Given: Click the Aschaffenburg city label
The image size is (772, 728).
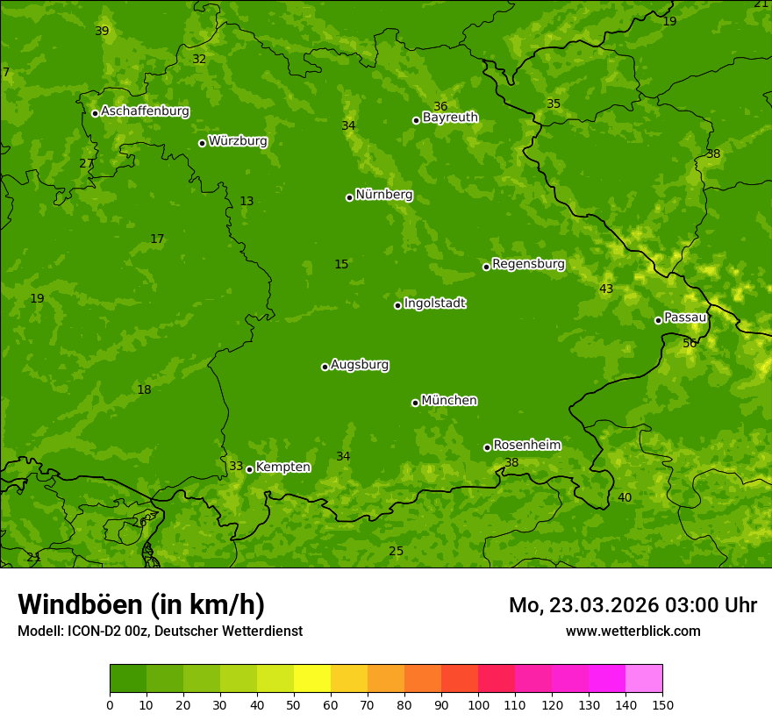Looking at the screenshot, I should (x=145, y=111).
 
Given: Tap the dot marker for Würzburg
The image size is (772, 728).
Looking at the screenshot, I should (x=202, y=143).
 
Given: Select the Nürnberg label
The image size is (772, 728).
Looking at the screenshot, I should (x=383, y=195).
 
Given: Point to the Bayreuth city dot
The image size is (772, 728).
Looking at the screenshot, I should (x=416, y=120).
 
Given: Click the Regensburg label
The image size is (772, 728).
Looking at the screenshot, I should (x=528, y=264).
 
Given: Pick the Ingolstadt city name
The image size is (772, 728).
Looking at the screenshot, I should (x=434, y=303).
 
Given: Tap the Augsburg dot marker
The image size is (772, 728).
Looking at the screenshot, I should (x=325, y=367).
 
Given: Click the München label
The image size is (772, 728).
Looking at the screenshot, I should (x=449, y=401).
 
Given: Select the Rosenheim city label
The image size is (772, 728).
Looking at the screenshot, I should (x=526, y=446).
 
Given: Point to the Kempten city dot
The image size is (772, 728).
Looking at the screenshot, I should (x=249, y=469).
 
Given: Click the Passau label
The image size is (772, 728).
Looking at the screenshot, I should (x=685, y=318).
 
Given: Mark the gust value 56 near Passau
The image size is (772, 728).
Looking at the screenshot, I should (x=690, y=343).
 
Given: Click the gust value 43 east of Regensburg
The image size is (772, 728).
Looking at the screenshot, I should (x=606, y=289).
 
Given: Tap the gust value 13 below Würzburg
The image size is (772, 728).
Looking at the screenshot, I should (x=247, y=201).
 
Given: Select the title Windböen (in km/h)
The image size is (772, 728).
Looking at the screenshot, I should (x=141, y=604).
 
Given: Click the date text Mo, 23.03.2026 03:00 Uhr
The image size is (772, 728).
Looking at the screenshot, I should (x=633, y=605).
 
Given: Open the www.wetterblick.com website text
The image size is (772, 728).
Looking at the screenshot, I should (x=633, y=631).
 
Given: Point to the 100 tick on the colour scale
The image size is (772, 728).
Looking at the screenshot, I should (x=478, y=704).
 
